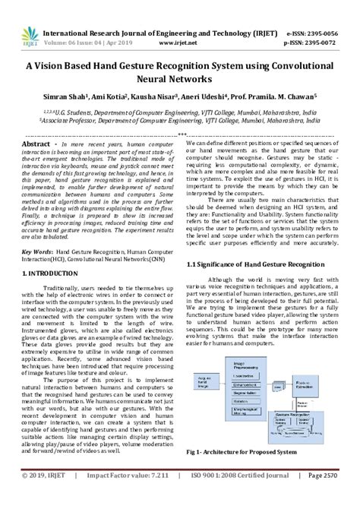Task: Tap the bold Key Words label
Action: click(x=37, y=228)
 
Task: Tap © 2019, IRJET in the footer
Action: click(x=43, y=498)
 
